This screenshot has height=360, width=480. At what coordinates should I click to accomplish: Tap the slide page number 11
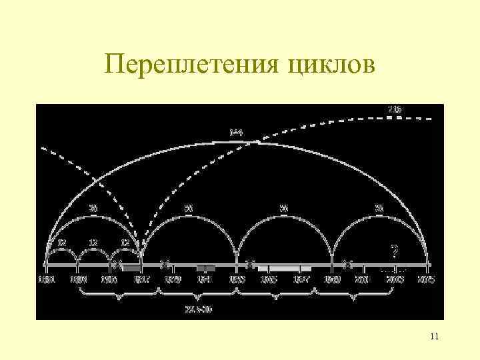(x=434, y=337)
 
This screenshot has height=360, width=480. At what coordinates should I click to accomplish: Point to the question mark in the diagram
(x=395, y=251)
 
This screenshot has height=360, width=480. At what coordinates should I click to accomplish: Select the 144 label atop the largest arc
(x=236, y=133)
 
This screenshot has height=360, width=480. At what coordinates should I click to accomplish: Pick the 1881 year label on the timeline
(x=46, y=279)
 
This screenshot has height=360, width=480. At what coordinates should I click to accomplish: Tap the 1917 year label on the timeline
(x=141, y=279)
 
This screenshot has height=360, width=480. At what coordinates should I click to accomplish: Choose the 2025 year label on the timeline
(x=427, y=279)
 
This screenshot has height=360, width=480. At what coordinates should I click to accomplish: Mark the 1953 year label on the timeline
(x=237, y=279)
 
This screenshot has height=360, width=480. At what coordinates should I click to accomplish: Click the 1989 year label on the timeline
(x=331, y=279)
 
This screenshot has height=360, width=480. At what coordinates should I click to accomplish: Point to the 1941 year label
(x=205, y=279)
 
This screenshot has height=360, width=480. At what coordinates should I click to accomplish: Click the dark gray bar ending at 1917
(x=131, y=267)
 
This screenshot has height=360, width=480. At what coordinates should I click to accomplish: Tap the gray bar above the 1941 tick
(x=205, y=267)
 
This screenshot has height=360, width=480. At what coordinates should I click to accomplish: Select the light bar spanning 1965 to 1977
(x=284, y=267)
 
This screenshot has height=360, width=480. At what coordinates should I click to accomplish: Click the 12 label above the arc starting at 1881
(x=61, y=241)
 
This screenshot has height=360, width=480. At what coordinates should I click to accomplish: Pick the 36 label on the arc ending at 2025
(x=379, y=209)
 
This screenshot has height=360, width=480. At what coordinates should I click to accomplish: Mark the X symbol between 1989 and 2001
(x=347, y=264)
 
